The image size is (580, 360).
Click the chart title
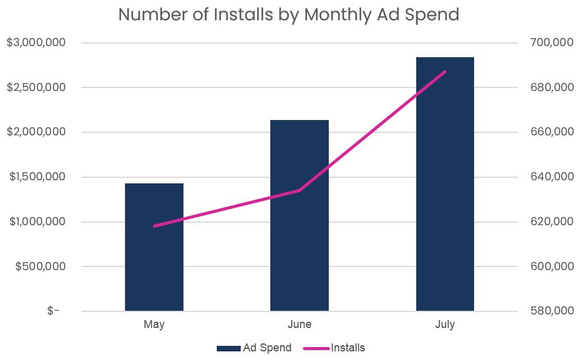click(289, 14)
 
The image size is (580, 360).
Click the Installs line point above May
click(154, 226)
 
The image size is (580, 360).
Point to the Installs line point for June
click(299, 190)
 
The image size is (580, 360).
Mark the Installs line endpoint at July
click(445, 72)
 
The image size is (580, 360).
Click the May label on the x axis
click(154, 324)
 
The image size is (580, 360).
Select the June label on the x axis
click(299, 324)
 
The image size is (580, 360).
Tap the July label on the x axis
click(445, 324)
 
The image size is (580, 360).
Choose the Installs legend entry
click(336, 348)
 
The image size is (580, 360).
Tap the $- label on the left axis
click(54, 311)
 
